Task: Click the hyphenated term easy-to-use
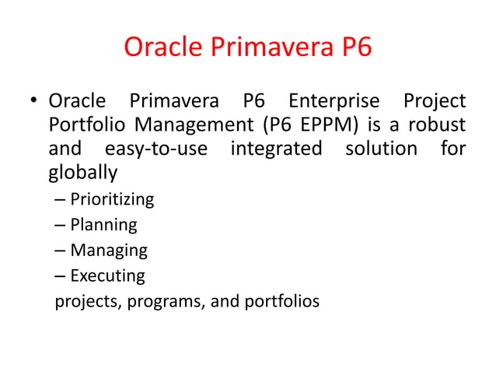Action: (x=155, y=148)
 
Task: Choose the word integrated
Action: (x=276, y=148)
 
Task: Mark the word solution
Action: (x=381, y=148)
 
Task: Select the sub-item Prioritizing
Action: (x=112, y=200)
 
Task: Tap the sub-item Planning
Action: (x=103, y=226)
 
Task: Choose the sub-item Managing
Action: (x=109, y=251)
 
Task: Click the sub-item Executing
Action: (x=107, y=275)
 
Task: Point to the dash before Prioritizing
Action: (x=61, y=200)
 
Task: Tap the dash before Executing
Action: (x=61, y=275)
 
